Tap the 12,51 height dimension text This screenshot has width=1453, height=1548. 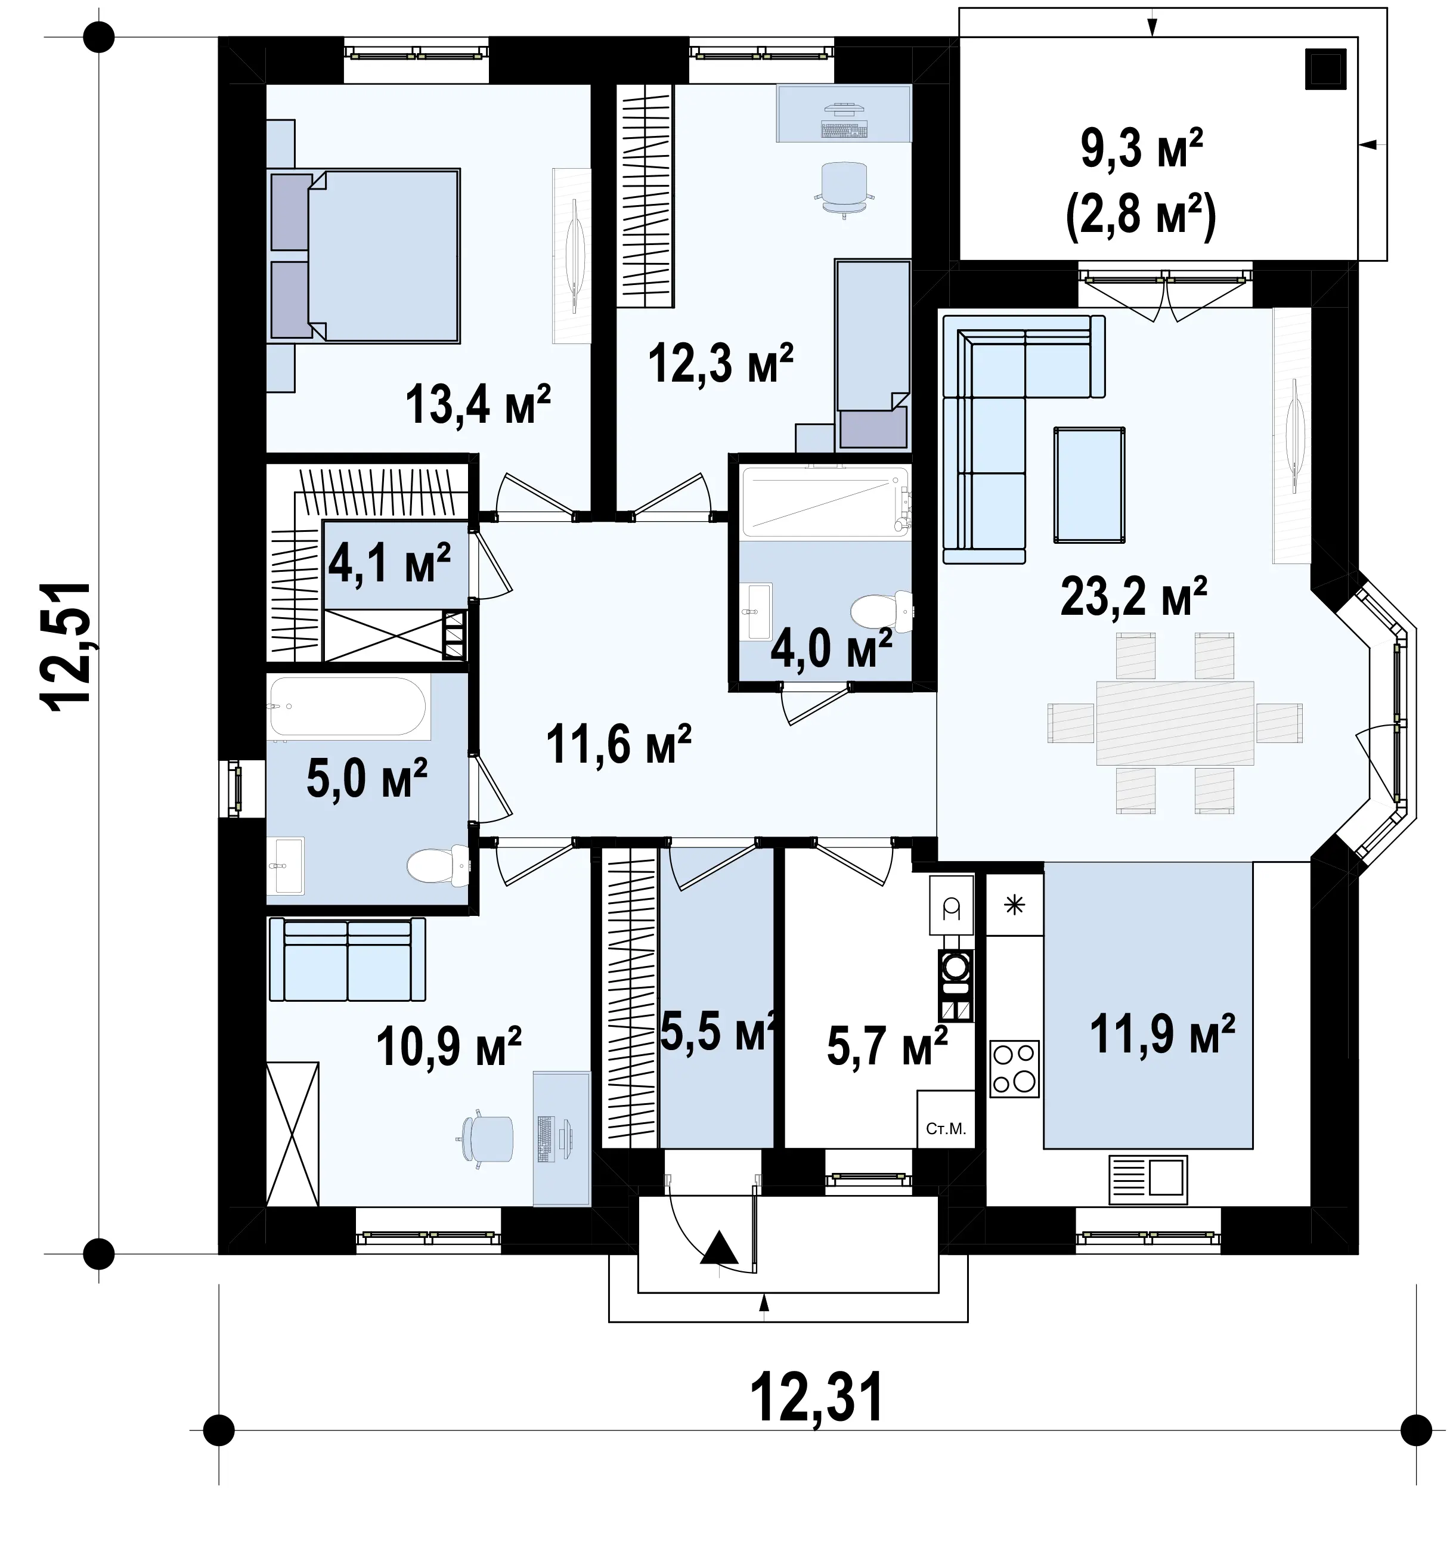(67, 646)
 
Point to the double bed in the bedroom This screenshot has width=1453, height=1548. (364, 255)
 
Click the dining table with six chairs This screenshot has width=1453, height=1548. (1175, 723)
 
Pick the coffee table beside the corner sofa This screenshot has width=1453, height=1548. (1089, 484)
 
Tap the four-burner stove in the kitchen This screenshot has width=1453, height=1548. (1014, 1069)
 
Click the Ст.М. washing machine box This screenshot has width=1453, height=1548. (946, 1119)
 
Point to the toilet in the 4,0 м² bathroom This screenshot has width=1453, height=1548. (881, 611)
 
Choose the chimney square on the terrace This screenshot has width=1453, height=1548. (1325, 69)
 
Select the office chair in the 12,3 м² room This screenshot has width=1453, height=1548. (845, 188)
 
